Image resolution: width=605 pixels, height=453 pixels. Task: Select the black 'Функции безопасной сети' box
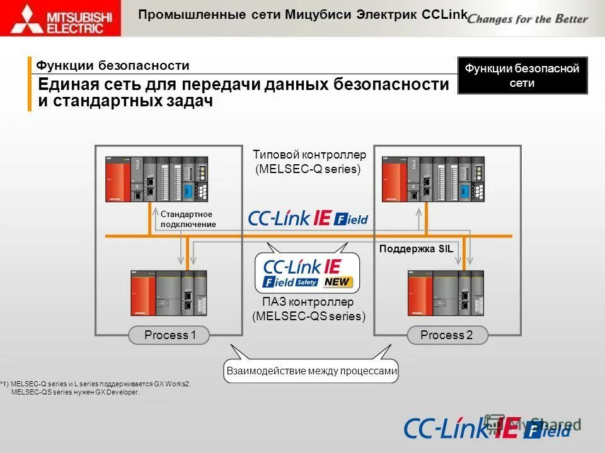pyautogui.click(x=522, y=75)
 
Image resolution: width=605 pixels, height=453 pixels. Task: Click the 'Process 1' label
pyautogui.click(x=170, y=335)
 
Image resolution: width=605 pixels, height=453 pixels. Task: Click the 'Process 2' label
pyautogui.click(x=446, y=335)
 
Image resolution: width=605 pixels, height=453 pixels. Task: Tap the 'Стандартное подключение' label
pyautogui.click(x=188, y=220)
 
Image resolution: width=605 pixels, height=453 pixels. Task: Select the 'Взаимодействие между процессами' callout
pyautogui.click(x=311, y=371)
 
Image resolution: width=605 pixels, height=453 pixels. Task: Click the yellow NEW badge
pyautogui.click(x=338, y=282)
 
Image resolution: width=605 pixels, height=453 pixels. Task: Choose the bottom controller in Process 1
pyautogui.click(x=168, y=293)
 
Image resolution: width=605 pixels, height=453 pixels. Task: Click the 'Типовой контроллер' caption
pyautogui.click(x=309, y=155)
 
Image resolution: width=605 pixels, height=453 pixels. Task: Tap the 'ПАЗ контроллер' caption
pyautogui.click(x=308, y=303)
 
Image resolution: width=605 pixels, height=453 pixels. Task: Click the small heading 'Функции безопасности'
pyautogui.click(x=113, y=65)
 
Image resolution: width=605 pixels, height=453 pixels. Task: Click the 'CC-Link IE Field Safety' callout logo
pyautogui.click(x=307, y=272)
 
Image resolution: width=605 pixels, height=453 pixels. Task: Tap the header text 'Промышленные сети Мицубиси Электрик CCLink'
pyautogui.click(x=303, y=15)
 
